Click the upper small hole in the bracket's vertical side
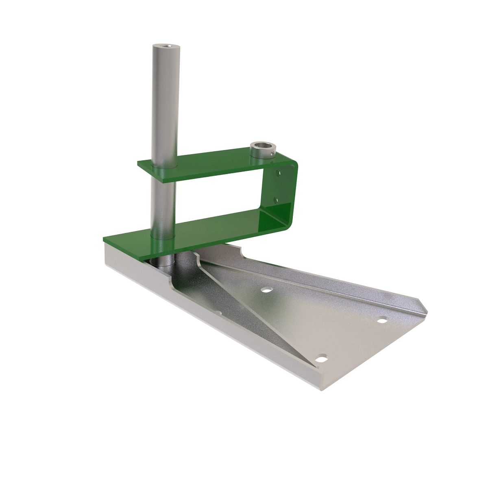point(279,173)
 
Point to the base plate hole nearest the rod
point(266,290)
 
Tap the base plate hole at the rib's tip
point(322,358)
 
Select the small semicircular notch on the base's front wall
point(220,314)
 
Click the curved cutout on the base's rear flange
point(240,248)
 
